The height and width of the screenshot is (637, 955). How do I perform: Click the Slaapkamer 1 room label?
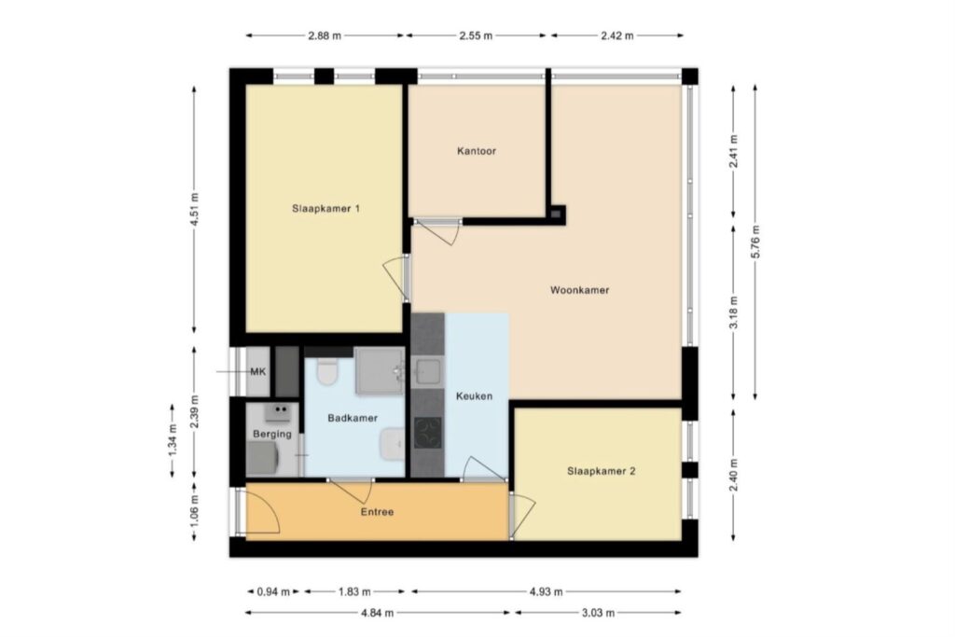325,209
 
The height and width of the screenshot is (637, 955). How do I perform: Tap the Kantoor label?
477,151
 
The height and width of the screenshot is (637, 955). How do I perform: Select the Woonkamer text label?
579,290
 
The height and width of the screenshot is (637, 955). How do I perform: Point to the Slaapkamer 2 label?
602,471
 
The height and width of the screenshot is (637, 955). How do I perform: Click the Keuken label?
475,396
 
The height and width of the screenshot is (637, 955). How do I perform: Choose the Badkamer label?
353,419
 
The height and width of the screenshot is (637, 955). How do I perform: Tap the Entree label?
377,512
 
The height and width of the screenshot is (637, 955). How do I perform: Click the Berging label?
272,435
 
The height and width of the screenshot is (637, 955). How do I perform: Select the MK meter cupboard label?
258,371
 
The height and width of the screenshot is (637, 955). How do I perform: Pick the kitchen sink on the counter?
429,372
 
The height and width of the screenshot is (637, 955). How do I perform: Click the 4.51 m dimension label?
194,209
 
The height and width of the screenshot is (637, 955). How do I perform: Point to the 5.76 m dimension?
755,242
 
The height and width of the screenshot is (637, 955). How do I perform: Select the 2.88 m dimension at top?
325,35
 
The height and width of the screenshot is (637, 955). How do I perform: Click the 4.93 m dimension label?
547,591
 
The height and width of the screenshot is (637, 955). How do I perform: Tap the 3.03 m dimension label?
598,613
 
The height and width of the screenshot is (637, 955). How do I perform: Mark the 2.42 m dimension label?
617,35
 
